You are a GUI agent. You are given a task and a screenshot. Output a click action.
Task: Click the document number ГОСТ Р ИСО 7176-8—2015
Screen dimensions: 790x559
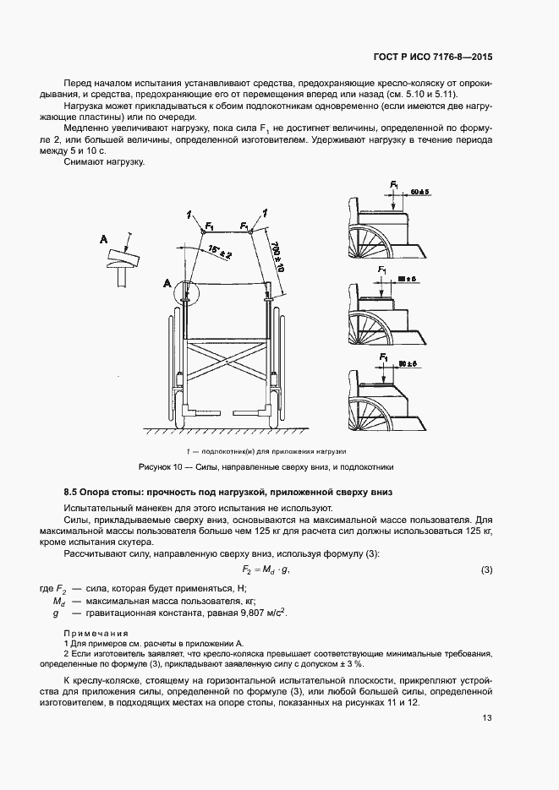(x=432, y=57)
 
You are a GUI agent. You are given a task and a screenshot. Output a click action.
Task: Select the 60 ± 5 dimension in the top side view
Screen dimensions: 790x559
(x=420, y=193)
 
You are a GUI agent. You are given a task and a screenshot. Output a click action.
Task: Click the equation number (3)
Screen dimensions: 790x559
(x=486, y=570)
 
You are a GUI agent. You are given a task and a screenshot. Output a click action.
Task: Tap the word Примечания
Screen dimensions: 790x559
(x=96, y=633)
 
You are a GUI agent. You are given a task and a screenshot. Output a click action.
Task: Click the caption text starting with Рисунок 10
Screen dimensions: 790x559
(x=266, y=466)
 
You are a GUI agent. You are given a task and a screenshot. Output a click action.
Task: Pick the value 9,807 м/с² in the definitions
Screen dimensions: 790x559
(x=257, y=613)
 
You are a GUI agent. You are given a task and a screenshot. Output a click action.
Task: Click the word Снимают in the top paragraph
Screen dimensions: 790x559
(x=85, y=162)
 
